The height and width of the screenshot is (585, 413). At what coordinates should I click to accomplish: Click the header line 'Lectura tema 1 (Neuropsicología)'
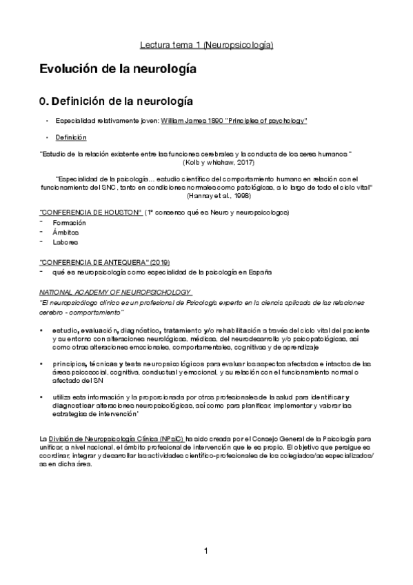click(x=206, y=45)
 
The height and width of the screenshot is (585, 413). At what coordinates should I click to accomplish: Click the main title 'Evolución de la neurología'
click(x=118, y=70)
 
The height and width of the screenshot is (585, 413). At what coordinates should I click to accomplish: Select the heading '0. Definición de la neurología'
click(x=116, y=102)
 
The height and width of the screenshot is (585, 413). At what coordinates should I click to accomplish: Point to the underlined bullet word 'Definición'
click(x=67, y=137)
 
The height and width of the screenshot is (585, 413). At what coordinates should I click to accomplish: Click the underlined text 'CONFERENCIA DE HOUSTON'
click(x=92, y=211)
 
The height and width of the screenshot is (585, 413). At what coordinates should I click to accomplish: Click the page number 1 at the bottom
click(x=206, y=551)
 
